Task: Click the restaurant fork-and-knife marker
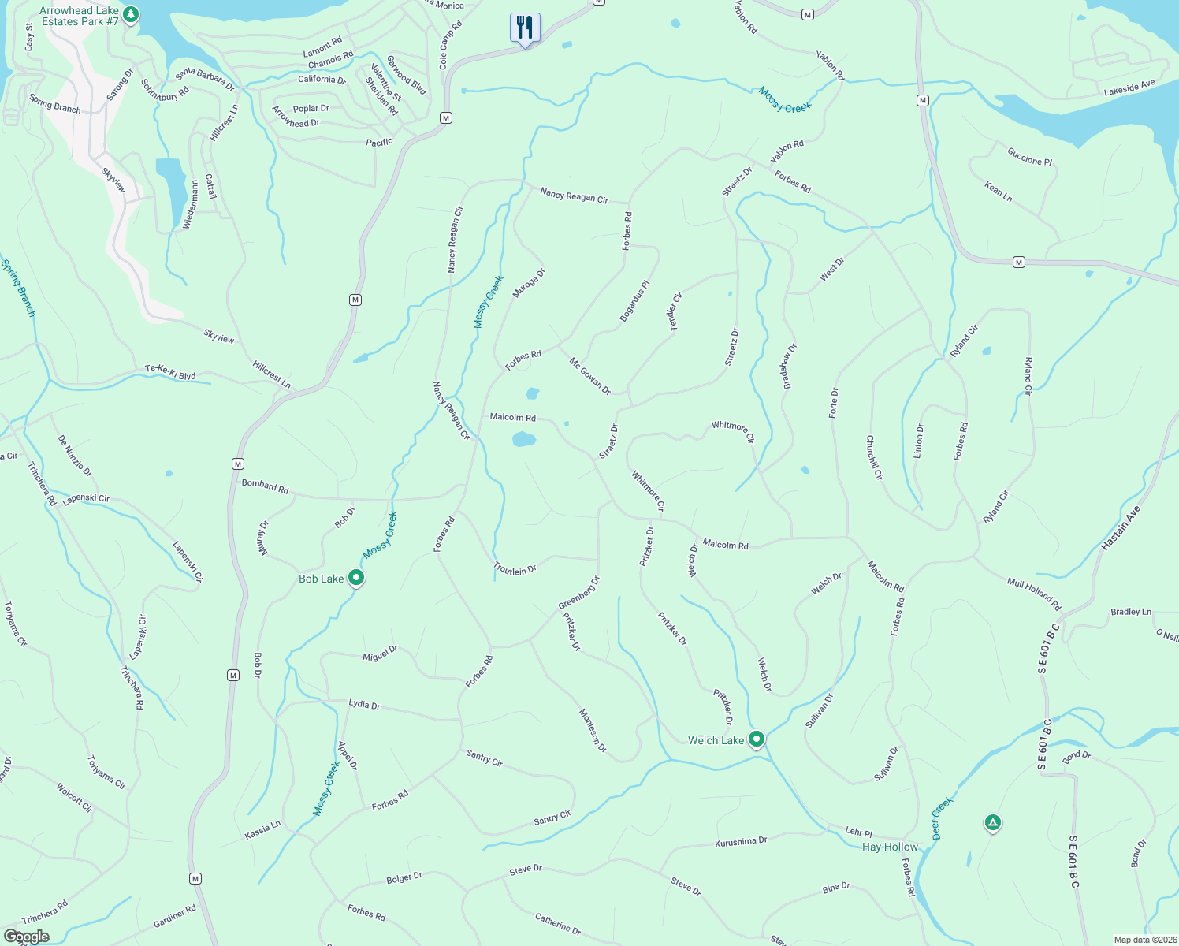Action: click(x=525, y=28)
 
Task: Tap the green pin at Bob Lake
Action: click(x=356, y=578)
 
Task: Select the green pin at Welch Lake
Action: click(x=757, y=739)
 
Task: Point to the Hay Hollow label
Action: click(x=890, y=847)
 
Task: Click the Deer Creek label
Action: click(x=942, y=818)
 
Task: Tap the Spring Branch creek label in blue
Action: click(x=18, y=289)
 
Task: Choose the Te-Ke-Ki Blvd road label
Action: click(x=170, y=372)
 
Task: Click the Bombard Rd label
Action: click(x=265, y=487)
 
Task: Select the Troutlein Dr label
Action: click(x=515, y=568)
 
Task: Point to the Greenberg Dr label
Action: click(x=579, y=593)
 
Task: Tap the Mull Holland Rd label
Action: click(x=1034, y=594)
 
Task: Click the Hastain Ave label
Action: click(x=1121, y=528)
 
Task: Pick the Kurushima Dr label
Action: click(x=741, y=842)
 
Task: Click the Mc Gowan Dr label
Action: click(x=590, y=375)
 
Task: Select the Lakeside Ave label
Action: click(x=1129, y=88)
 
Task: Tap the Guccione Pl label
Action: click(x=1029, y=155)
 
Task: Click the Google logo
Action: click(x=26, y=937)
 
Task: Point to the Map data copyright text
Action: click(x=1145, y=940)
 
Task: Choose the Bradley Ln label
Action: click(x=1131, y=612)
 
